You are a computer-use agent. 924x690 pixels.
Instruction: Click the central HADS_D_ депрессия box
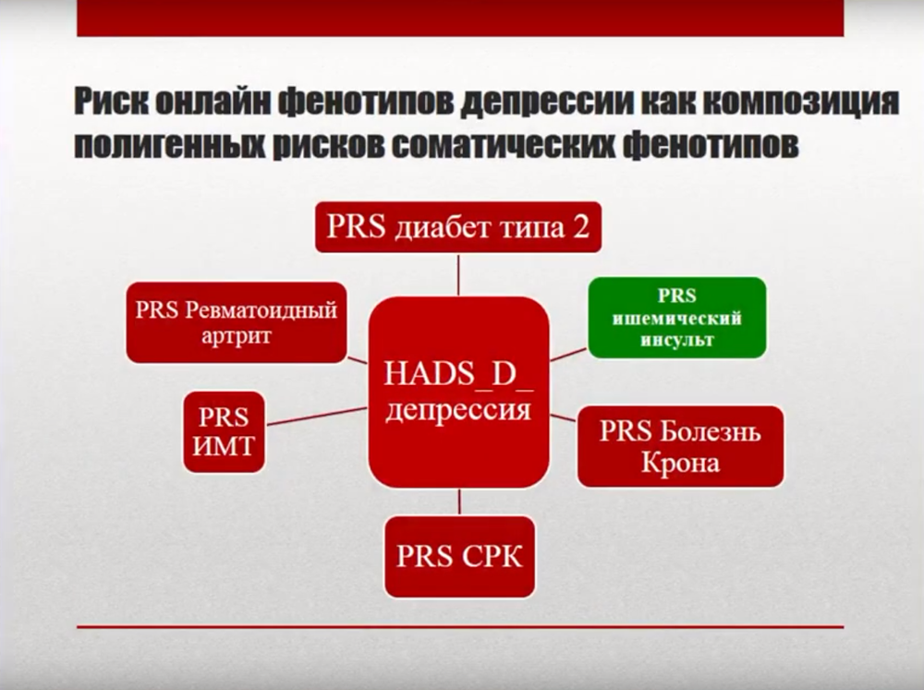(458, 392)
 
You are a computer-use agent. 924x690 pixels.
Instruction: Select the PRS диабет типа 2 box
(458, 227)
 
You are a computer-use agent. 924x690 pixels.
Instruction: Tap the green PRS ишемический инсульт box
(677, 318)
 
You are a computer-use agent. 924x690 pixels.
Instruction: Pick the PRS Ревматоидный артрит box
(237, 322)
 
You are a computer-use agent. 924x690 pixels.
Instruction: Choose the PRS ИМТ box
(224, 432)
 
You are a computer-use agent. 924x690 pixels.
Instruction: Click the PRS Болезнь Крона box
(681, 446)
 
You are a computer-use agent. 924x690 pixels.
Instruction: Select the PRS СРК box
(459, 557)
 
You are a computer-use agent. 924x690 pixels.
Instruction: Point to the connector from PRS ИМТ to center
(317, 416)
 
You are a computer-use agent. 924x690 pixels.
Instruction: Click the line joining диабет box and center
(458, 274)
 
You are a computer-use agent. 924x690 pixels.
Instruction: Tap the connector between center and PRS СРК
(459, 502)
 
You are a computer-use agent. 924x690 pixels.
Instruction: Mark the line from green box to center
(568, 354)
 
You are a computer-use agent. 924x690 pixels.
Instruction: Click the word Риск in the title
(106, 102)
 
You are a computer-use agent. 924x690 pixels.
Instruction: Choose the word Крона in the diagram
(681, 463)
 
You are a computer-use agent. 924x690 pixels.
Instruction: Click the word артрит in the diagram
(237, 336)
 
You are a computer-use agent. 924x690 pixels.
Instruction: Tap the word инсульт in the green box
(677, 340)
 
